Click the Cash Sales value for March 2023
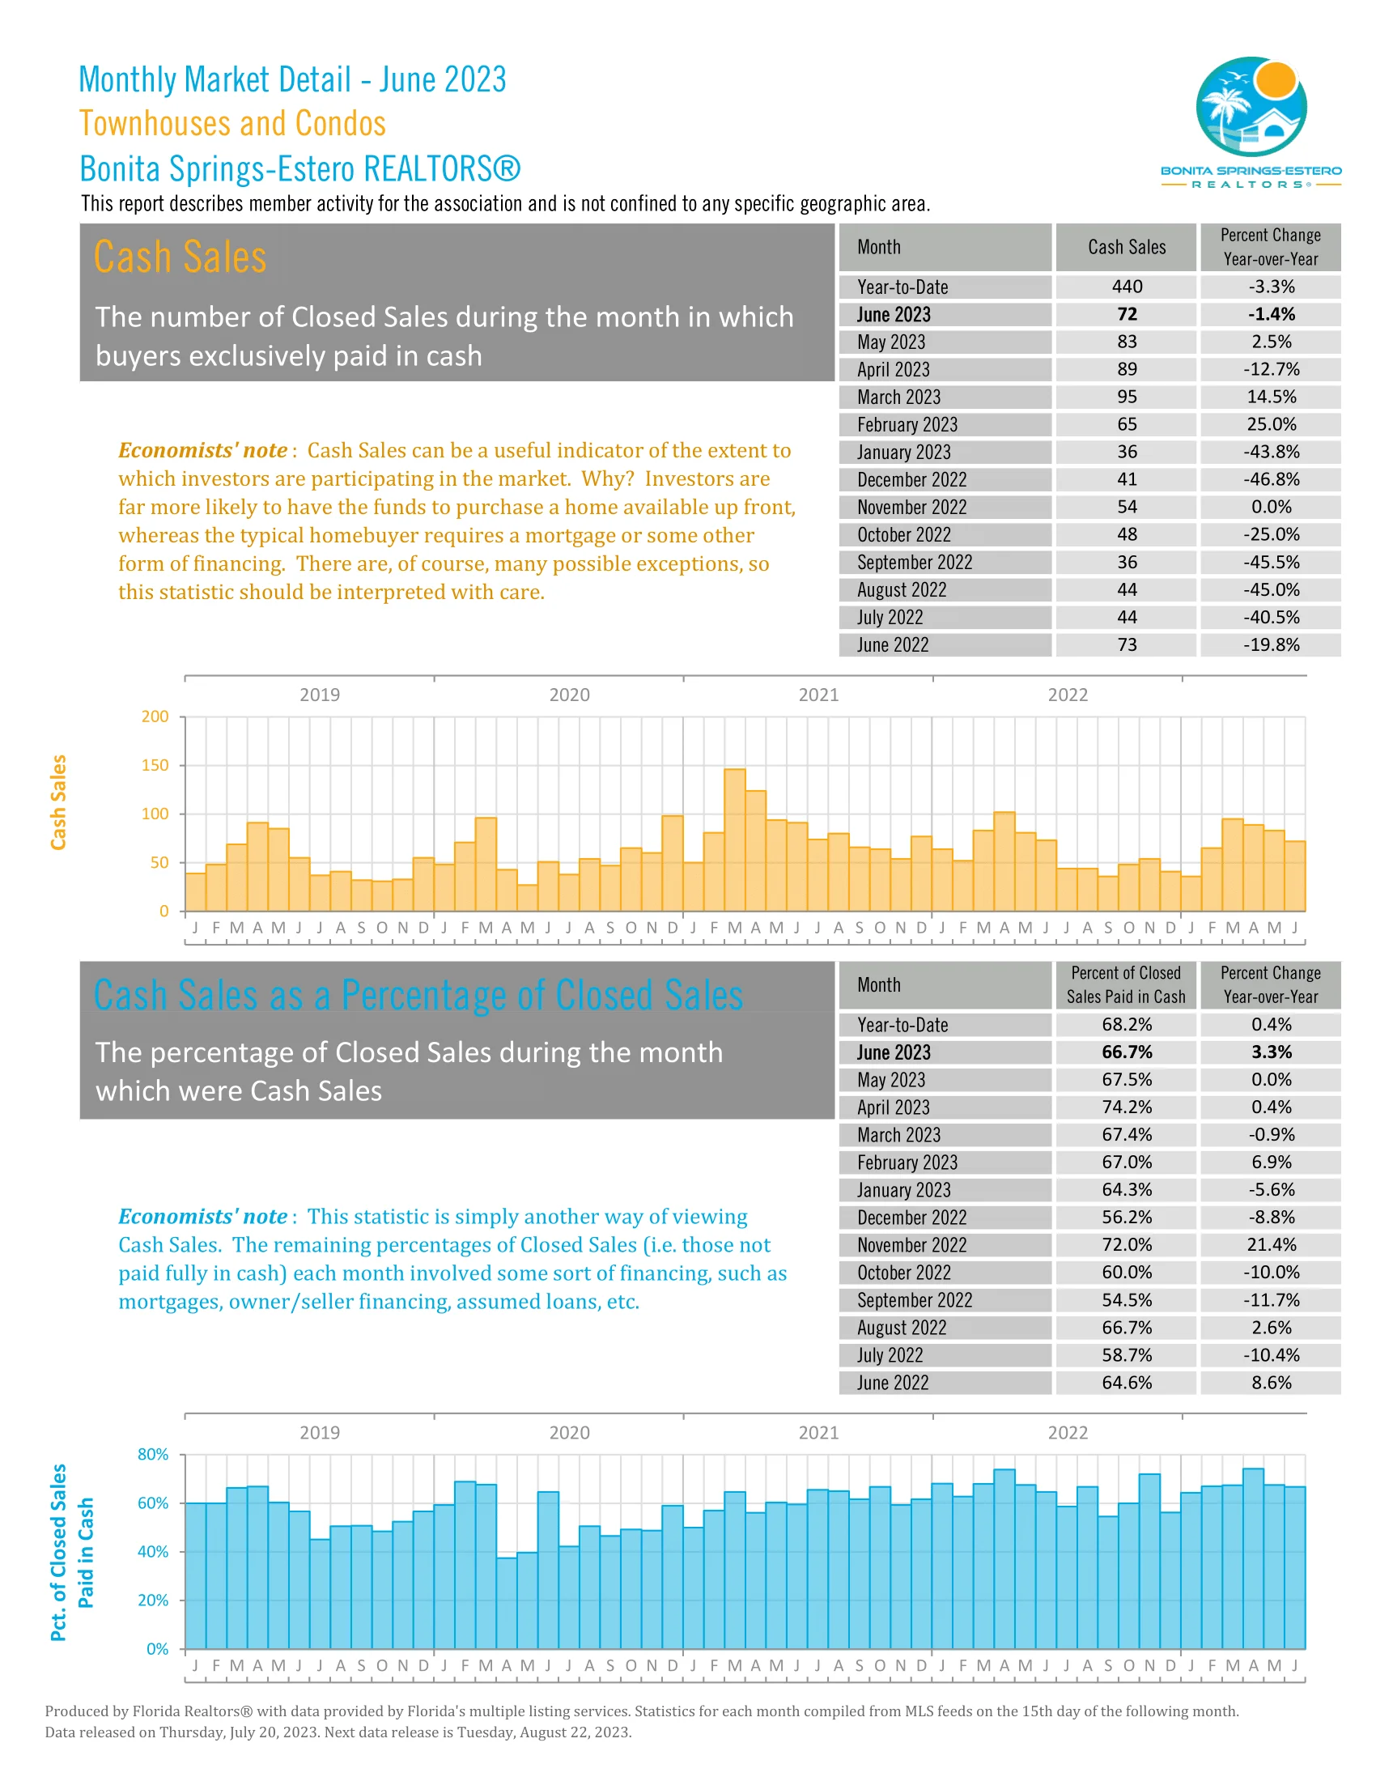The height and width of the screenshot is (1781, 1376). [1127, 397]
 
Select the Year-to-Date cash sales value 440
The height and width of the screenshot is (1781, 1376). [1127, 287]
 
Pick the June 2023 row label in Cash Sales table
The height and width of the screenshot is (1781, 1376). [894, 315]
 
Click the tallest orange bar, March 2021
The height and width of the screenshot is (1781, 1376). [734, 840]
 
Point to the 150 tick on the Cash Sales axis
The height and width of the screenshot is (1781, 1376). [155, 766]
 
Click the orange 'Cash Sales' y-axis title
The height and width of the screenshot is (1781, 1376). [58, 802]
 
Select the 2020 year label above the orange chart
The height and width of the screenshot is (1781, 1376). [569, 695]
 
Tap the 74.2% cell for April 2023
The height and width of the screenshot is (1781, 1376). [1127, 1107]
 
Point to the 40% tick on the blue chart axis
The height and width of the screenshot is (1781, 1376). [153, 1552]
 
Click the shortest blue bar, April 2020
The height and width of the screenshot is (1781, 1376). [506, 1603]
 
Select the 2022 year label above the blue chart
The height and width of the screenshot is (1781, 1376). [1068, 1433]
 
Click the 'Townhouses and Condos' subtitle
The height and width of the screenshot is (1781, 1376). [232, 124]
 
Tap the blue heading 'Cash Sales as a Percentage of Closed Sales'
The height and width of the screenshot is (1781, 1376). [418, 996]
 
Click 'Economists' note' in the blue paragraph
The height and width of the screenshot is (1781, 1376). [202, 1217]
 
